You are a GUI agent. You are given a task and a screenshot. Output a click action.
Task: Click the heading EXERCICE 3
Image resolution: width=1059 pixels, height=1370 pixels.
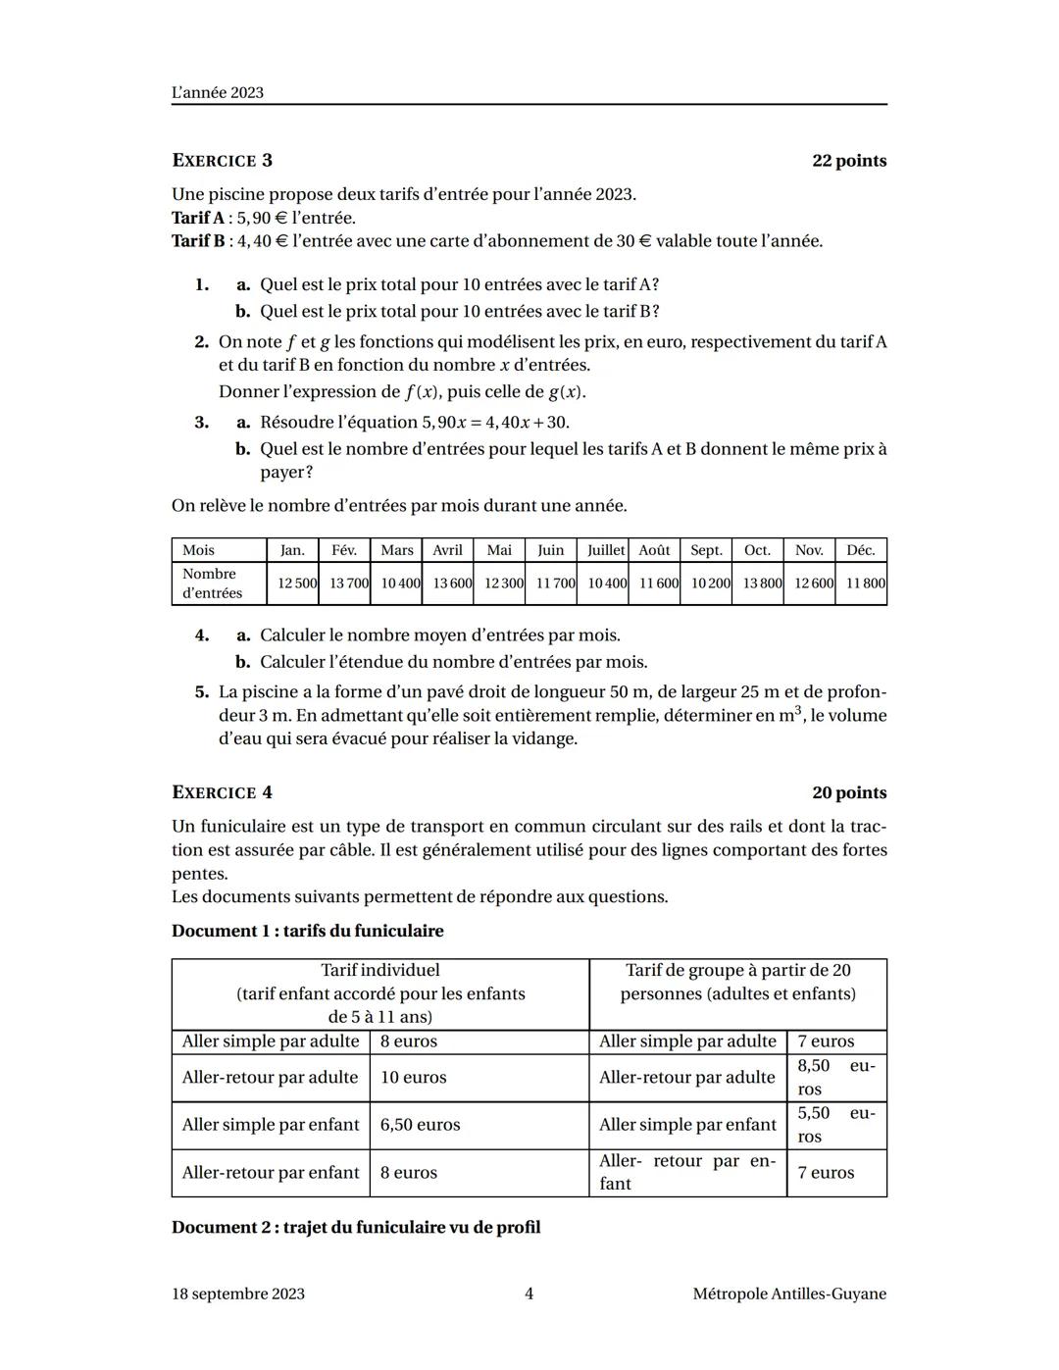(x=222, y=161)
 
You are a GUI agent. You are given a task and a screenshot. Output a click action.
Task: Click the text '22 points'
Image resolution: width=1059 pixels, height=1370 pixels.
(x=848, y=161)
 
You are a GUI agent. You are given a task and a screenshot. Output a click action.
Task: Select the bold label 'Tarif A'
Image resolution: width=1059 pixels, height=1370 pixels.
(x=197, y=218)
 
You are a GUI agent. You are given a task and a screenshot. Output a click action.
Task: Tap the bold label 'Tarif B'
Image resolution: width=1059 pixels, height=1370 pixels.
(x=197, y=241)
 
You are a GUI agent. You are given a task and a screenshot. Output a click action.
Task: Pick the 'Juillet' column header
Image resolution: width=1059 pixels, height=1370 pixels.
(x=605, y=550)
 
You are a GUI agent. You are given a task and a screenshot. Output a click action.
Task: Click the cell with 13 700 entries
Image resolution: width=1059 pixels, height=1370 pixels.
(x=349, y=584)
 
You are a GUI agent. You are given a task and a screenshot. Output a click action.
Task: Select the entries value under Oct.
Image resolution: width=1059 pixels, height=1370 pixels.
(x=762, y=584)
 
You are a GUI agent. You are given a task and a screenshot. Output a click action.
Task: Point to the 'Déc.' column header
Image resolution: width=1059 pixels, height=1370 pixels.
(x=860, y=550)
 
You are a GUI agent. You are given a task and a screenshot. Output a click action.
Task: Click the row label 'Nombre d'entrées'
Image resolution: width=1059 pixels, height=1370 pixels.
(x=212, y=584)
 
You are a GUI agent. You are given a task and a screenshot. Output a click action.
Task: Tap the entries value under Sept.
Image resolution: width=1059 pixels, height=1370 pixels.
(x=710, y=584)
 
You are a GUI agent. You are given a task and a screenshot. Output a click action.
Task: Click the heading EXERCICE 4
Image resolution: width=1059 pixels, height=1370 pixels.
(x=222, y=792)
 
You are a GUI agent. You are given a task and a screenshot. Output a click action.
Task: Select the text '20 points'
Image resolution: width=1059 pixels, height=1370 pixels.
(x=848, y=792)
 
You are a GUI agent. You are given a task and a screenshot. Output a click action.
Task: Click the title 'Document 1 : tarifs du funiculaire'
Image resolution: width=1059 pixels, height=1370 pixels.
(x=307, y=931)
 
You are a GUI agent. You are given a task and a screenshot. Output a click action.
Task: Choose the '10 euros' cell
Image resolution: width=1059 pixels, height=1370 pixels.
(x=413, y=1078)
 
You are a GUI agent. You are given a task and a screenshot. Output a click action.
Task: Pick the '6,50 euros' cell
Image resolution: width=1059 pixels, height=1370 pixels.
(x=420, y=1125)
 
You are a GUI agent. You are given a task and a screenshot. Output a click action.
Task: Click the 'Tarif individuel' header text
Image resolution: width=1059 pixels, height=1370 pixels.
(x=380, y=971)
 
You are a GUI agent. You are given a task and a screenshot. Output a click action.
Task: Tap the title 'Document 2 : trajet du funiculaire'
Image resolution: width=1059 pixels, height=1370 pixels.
(x=356, y=1228)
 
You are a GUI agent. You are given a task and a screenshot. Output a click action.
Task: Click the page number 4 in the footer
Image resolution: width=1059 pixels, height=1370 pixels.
(x=529, y=1294)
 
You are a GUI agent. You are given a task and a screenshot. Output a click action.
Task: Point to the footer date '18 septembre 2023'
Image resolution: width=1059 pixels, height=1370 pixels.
(x=237, y=1294)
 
